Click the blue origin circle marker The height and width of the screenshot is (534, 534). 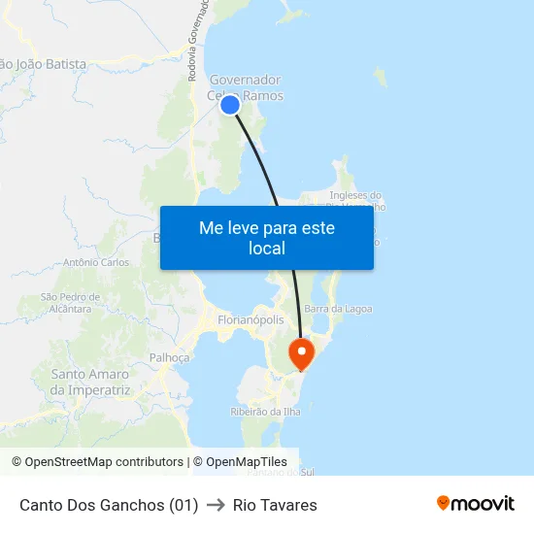(230, 105)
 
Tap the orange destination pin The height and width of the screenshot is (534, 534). (302, 351)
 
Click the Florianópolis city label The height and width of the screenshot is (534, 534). (251, 319)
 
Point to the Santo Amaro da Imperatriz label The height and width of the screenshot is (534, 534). (89, 382)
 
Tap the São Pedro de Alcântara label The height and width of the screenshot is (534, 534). (71, 303)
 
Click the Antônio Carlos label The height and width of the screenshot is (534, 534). (95, 262)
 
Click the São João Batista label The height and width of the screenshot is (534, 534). (44, 64)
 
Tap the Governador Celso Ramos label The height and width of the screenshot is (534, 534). (246, 87)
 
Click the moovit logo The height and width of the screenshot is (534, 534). (475, 504)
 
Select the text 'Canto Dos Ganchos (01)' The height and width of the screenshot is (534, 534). (109, 505)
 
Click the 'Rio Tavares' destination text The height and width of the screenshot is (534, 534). (275, 505)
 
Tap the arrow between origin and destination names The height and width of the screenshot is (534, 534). (216, 505)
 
